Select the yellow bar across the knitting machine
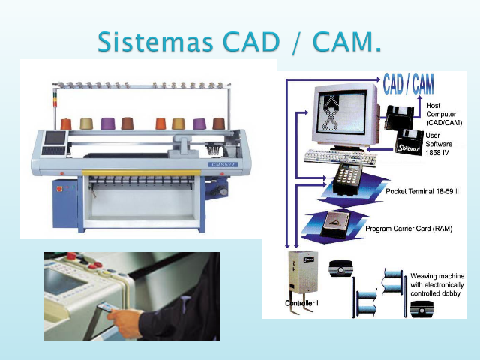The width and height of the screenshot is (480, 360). pos(142,173)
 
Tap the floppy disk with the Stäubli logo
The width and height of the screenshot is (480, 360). pos(409,141)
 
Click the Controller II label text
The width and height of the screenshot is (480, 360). pos(302,303)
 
